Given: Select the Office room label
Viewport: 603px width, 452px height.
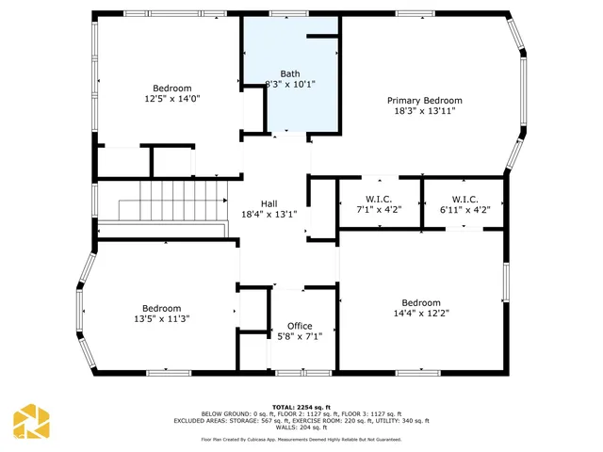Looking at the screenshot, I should coord(300,326).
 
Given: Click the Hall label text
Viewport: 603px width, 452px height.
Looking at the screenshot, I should coord(269,203).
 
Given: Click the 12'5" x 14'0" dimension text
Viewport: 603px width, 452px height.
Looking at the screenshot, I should coord(172,98).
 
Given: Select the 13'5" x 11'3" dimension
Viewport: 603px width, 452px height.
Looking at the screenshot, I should coord(161,318).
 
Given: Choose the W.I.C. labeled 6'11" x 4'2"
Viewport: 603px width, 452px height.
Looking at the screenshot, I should coord(465,199).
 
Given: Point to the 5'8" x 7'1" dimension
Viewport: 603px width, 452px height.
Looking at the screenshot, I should coord(300,336).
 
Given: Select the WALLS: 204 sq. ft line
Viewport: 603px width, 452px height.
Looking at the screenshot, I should coord(301,427).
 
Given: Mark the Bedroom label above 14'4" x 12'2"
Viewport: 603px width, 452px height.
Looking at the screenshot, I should coord(420,303).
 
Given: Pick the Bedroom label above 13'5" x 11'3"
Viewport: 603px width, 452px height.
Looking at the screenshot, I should coord(161,308).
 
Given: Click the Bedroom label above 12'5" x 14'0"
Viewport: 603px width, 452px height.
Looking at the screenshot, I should coord(172,88).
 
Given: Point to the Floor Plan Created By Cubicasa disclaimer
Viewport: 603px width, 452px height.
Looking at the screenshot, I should coord(301,439).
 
